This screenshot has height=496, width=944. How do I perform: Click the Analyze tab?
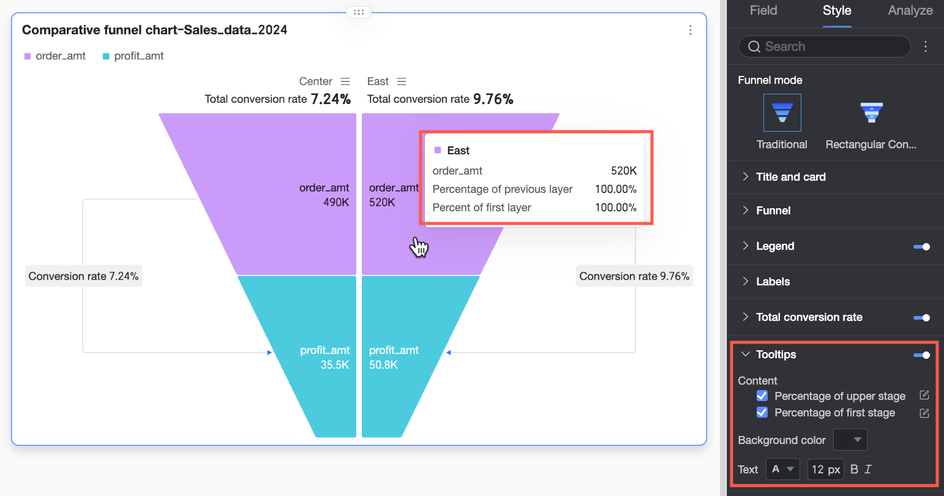[910, 10]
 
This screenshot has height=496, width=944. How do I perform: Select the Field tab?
[763, 10]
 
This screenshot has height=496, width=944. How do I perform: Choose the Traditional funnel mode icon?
[782, 113]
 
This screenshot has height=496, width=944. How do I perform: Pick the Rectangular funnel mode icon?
[871, 113]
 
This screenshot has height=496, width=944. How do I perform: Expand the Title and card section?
[790, 177]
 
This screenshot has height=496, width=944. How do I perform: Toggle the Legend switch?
[921, 247]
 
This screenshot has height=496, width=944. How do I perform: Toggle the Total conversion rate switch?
[921, 318]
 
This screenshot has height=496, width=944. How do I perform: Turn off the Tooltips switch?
[921, 355]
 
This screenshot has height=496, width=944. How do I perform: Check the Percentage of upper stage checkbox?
[762, 396]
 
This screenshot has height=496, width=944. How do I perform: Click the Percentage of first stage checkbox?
[762, 413]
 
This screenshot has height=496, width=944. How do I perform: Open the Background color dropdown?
[850, 440]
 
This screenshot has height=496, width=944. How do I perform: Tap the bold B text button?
[854, 470]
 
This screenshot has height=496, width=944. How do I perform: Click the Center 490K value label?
[336, 203]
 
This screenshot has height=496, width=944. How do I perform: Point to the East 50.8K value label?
[383, 365]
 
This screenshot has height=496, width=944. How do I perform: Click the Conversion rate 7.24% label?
[83, 276]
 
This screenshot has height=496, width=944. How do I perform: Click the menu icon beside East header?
[402, 81]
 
